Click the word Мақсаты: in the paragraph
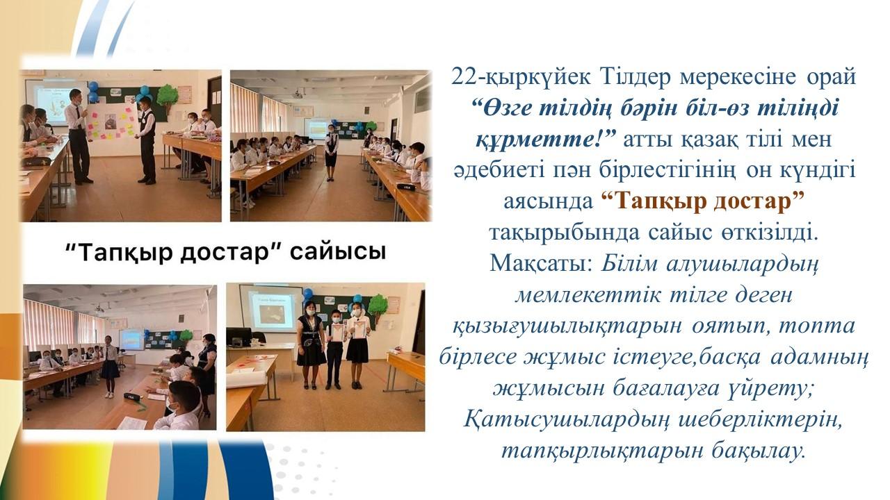tap(542, 262)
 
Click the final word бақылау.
tap(758, 450)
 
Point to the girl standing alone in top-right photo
tap(331, 153)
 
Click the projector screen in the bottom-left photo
tap(131, 340)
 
